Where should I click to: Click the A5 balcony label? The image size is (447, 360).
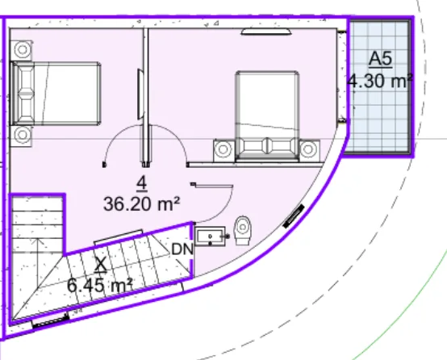click(381, 60)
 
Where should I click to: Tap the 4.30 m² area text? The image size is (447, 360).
click(380, 82)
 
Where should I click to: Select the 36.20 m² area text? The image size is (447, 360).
click(142, 204)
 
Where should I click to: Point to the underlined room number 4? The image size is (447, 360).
click(142, 184)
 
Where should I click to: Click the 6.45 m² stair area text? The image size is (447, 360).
click(100, 285)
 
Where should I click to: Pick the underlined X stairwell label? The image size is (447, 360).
click(101, 265)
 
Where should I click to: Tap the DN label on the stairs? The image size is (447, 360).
click(182, 249)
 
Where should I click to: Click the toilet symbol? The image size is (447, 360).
click(243, 231)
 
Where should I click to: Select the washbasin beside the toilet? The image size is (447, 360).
click(211, 237)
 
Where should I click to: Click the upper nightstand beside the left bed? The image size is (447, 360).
click(22, 50)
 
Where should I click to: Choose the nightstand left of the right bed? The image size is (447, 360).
click(224, 150)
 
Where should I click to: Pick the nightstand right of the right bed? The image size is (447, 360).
click(309, 150)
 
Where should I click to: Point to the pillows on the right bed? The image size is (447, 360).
click(268, 146)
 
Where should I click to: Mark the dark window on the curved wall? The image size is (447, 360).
click(294, 216)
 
